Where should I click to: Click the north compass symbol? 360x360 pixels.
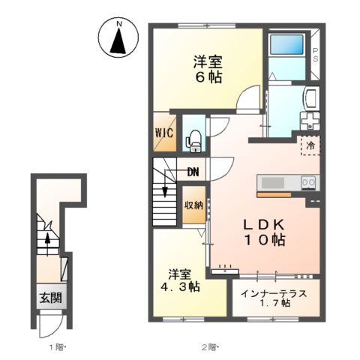pyautogui.click(x=118, y=37)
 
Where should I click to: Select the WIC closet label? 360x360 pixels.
pyautogui.click(x=165, y=133)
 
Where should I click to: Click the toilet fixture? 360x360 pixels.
pyautogui.click(x=193, y=136)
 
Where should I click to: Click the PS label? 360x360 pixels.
pyautogui.click(x=315, y=55)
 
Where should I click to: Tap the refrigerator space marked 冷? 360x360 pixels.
pyautogui.click(x=308, y=145)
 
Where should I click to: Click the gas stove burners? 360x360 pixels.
pyautogui.click(x=308, y=182)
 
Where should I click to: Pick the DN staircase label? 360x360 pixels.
pyautogui.click(x=193, y=172)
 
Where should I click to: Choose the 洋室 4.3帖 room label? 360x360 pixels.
pyautogui.click(x=184, y=280)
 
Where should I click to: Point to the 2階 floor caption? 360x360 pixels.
pyautogui.click(x=208, y=346)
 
